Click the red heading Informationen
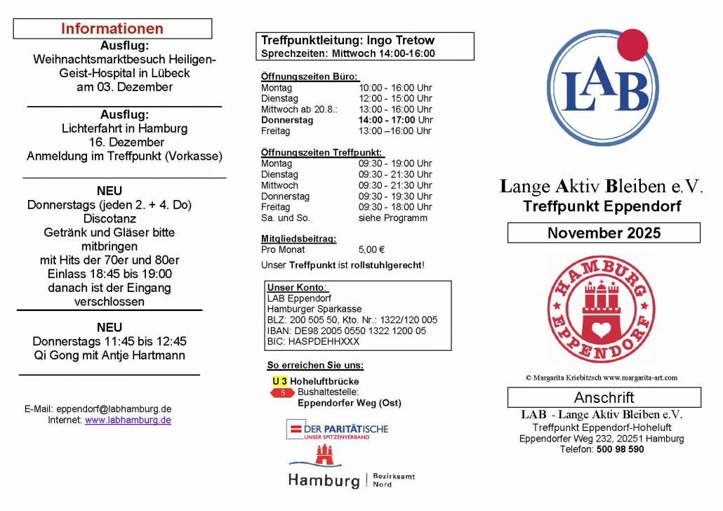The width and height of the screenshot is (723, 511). tap(112, 29)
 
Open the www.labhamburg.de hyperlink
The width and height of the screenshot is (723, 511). tap(128, 420)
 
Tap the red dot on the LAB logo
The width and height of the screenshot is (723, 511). tap(635, 44)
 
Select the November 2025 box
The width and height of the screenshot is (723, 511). tap(604, 233)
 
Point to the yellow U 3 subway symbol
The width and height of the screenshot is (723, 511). tap(279, 381)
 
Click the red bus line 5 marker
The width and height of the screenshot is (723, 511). tap(283, 393)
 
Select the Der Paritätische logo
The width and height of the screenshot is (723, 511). tap(337, 430)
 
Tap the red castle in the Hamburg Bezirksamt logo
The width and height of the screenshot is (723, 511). tap(324, 455)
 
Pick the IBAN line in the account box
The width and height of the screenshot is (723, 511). tap(347, 331)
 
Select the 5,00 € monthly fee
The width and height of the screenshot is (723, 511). tap(371, 250)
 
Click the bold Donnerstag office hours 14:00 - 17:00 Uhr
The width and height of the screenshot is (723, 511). tap(395, 120)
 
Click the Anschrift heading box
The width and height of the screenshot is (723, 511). tap(604, 398)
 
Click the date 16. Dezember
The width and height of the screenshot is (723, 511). tap(125, 142)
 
